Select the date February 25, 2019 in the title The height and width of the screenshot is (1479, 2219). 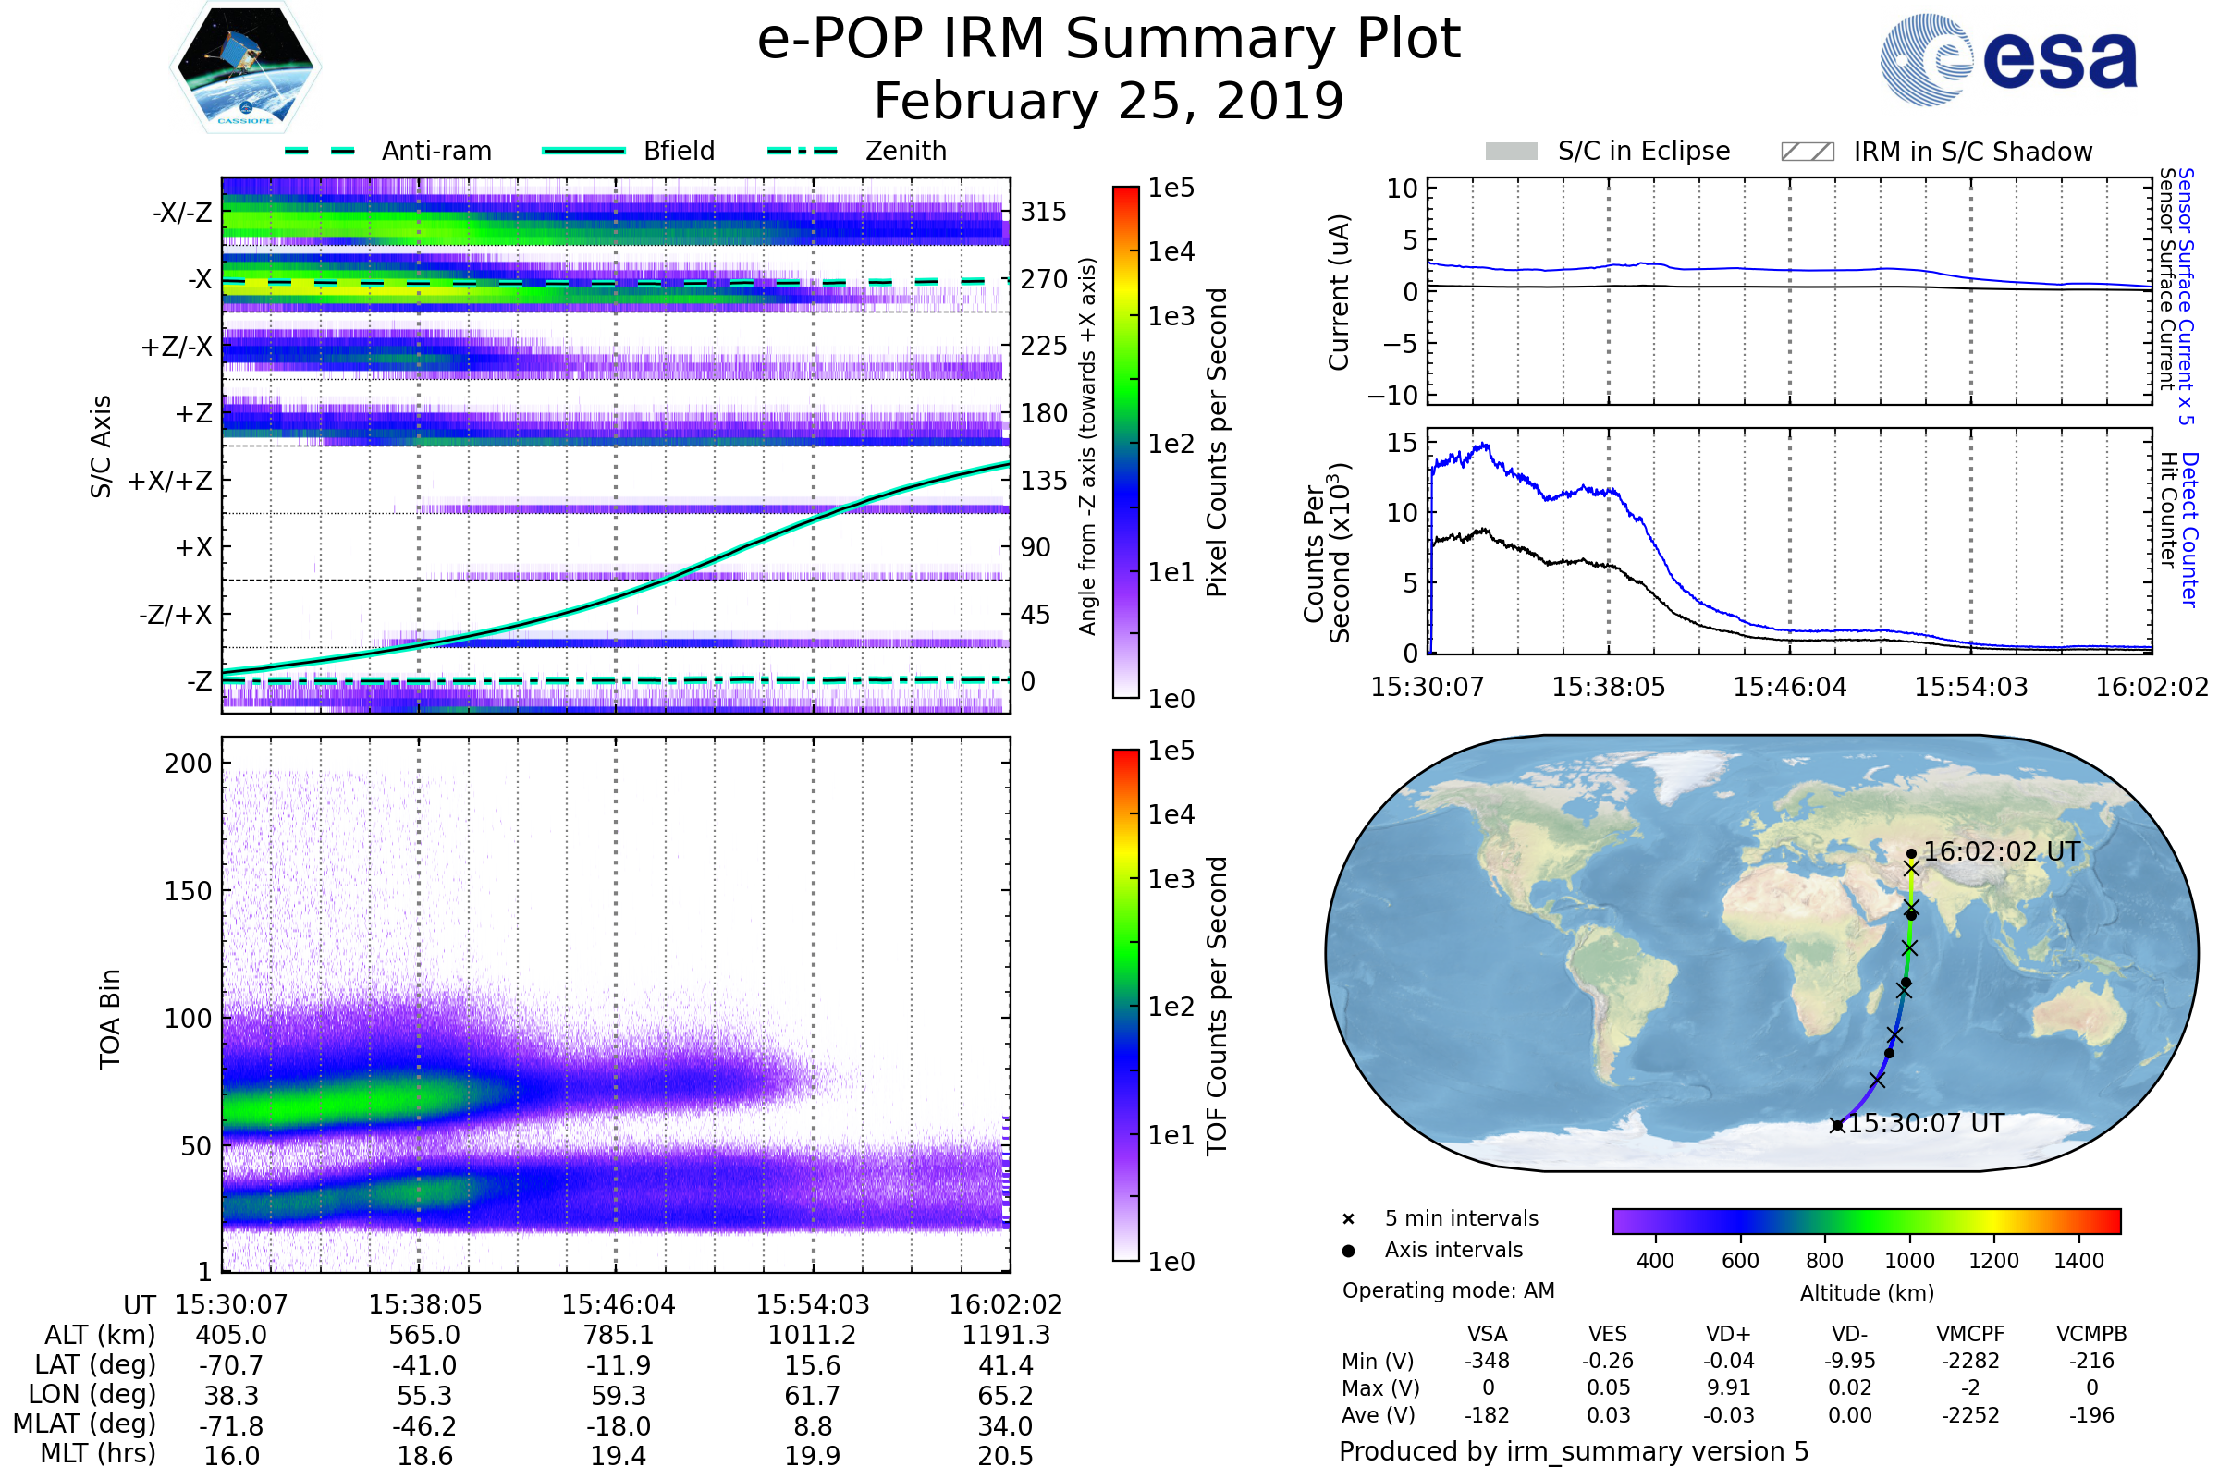pos(1109,101)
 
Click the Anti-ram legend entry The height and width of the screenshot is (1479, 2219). pos(435,151)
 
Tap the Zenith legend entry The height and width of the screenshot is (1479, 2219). pos(905,151)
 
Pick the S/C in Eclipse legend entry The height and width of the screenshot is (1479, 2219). pos(1643,151)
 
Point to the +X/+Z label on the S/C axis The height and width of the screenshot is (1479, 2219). pos(170,481)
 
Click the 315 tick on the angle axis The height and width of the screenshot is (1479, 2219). pos(1043,212)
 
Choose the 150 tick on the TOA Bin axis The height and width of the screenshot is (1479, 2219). pos(188,891)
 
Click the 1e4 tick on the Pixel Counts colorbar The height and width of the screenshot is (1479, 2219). pos(1171,251)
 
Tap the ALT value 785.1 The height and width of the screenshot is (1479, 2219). pos(618,1335)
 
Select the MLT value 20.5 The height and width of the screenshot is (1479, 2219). pos(1005,1455)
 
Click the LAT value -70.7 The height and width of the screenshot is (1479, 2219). pos(231,1365)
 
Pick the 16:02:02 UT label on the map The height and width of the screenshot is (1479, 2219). pos(2001,851)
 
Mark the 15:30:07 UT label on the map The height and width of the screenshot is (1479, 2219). pos(1926,1123)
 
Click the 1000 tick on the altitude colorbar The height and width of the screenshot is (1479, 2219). pos(1908,1261)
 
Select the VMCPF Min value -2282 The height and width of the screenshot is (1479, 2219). pos(1970,1361)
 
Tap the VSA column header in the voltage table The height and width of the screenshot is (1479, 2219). pos(1487,1334)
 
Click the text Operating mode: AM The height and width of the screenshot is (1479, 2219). pos(1448,1290)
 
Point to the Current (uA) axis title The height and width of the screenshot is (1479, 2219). pos(1339,292)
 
